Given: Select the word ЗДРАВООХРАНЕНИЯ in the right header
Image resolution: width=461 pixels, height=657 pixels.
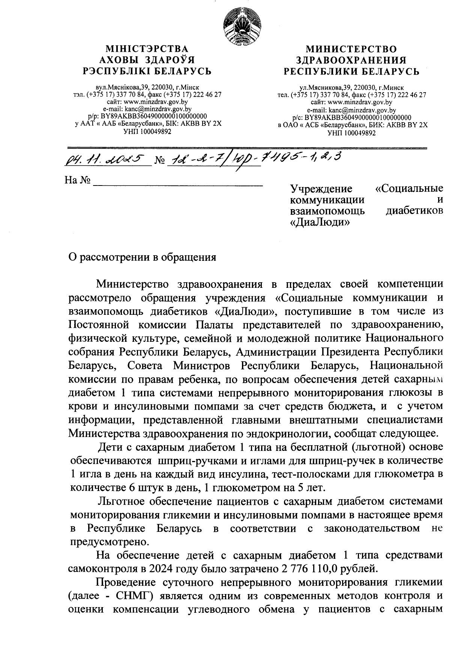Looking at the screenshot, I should click(x=351, y=60).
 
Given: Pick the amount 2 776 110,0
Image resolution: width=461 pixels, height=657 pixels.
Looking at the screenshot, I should click(x=308, y=569).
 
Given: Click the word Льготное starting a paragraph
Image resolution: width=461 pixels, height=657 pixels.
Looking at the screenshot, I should click(x=122, y=501).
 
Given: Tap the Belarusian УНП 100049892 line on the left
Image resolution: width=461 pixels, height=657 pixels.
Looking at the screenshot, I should click(x=147, y=132).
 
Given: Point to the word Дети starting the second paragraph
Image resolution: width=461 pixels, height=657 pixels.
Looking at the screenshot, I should click(x=108, y=447).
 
